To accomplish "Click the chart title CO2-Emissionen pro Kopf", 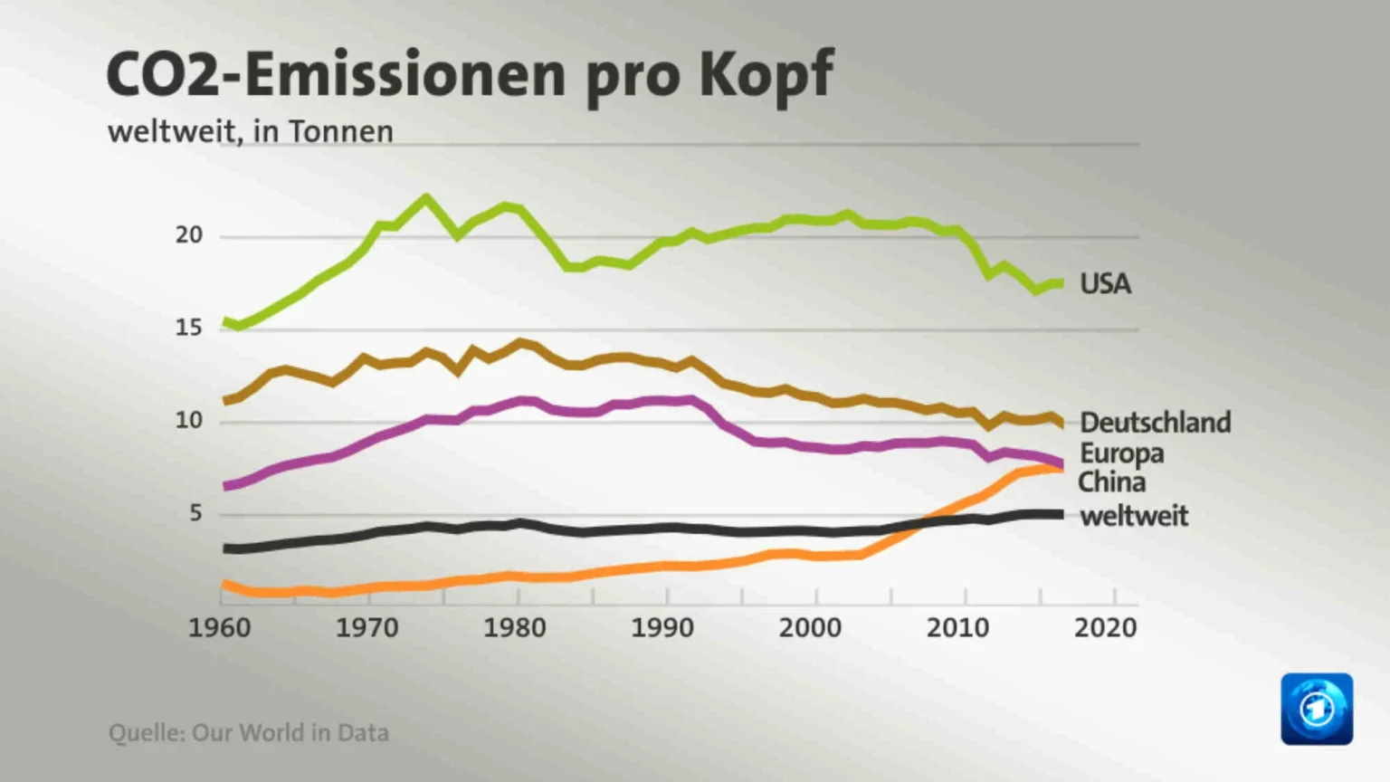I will (x=470, y=74).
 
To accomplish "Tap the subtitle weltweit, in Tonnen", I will (x=251, y=132).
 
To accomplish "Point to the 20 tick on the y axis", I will (x=189, y=235).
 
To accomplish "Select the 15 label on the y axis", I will (x=189, y=328).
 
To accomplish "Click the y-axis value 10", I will (x=189, y=421).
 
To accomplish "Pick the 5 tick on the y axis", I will (x=195, y=513).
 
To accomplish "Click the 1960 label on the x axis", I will (x=219, y=627).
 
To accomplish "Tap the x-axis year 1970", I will (x=367, y=627).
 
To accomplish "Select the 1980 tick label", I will (x=514, y=627).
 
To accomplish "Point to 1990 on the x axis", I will (x=662, y=627).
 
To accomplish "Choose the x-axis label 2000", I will (x=810, y=627).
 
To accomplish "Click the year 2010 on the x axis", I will (x=957, y=627).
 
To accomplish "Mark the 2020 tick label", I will (x=1105, y=627).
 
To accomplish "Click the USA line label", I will (x=1105, y=284).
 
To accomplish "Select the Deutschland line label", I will (x=1155, y=423).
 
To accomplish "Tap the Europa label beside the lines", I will (x=1121, y=453).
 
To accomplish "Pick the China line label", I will (x=1111, y=482).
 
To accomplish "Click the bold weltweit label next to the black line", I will (x=1133, y=516).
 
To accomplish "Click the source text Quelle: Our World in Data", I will (x=249, y=732).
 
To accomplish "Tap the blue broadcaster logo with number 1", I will (x=1317, y=709).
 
